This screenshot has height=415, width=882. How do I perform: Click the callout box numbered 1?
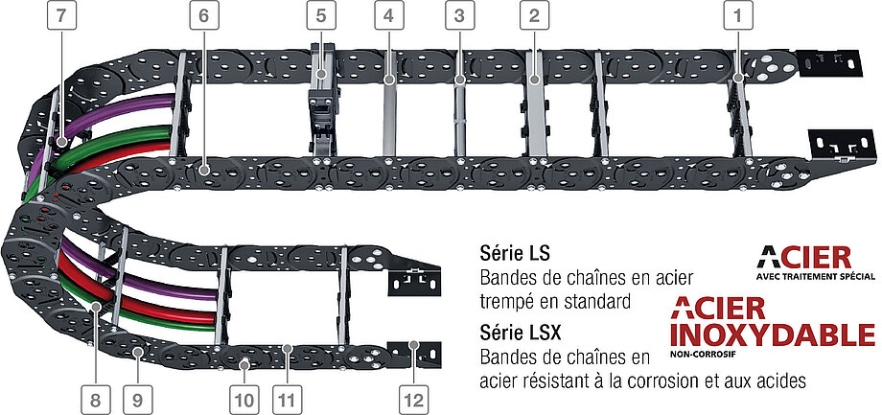pos(737,15)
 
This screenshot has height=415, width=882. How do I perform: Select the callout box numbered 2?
pos(534,15)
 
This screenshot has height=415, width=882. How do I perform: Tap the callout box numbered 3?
pos(459,15)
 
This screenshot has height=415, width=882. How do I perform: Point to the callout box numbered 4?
pos(388,15)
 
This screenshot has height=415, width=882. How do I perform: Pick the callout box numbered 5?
pos(320,15)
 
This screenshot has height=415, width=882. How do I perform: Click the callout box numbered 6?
pos(203,15)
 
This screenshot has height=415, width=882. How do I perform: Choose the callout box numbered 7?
pos(61,15)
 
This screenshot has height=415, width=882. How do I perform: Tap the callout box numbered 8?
pos(95,401)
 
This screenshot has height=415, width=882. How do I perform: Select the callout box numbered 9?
pos(138,401)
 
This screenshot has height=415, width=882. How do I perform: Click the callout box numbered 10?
pos(244,401)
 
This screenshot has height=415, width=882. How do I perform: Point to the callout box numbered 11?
pos(287,401)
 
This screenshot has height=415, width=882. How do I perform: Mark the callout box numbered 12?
pos(413,401)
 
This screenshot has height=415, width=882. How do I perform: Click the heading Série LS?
pos(515,254)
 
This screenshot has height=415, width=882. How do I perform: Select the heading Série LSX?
pos(521,334)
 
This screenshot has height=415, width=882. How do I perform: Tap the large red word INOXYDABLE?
pos(773,335)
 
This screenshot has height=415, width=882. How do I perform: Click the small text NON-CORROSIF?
pos(696,355)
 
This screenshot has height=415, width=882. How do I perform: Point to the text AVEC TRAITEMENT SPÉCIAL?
pos(816,277)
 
